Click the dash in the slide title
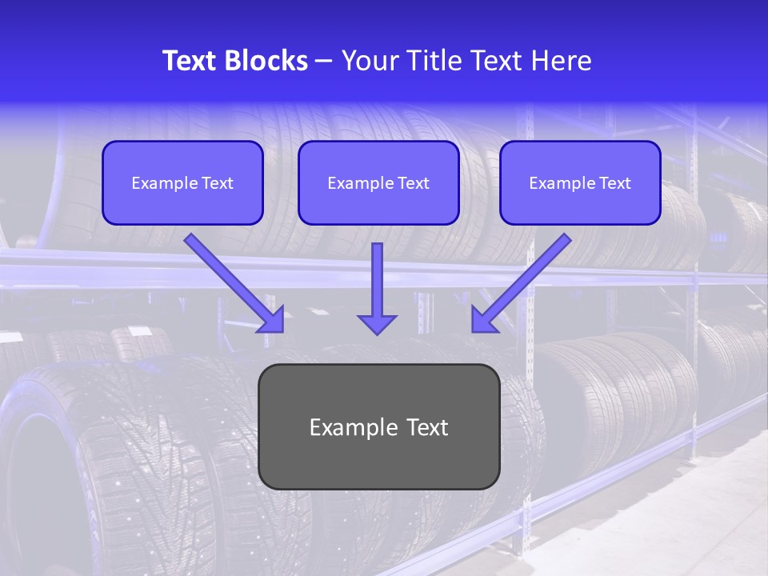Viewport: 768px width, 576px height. click(x=324, y=61)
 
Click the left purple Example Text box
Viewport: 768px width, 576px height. click(x=182, y=182)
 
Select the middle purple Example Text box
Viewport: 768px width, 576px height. click(x=378, y=182)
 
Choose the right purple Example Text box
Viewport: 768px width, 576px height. click(x=580, y=182)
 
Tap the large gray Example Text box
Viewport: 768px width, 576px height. click(x=379, y=426)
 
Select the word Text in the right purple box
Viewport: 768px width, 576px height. click(x=614, y=183)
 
